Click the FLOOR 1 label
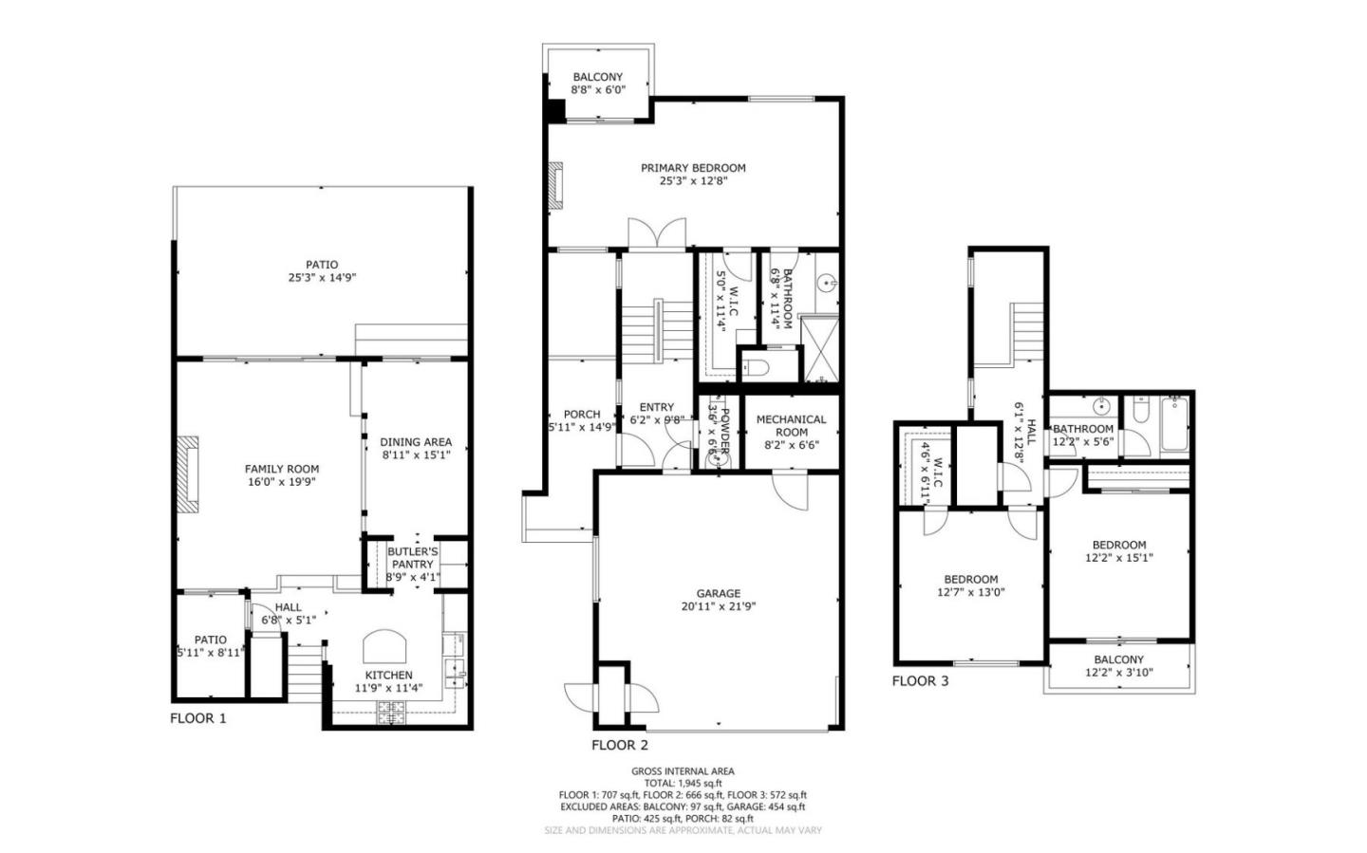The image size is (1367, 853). (198, 718)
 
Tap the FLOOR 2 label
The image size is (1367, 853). (620, 745)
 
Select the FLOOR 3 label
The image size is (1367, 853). (920, 680)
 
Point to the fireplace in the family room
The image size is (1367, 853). (191, 474)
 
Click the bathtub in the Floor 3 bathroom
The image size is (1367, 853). (1174, 426)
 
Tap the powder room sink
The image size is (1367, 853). (720, 459)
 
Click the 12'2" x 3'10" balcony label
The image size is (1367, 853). (1118, 666)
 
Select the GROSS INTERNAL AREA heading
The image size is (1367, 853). (683, 771)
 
